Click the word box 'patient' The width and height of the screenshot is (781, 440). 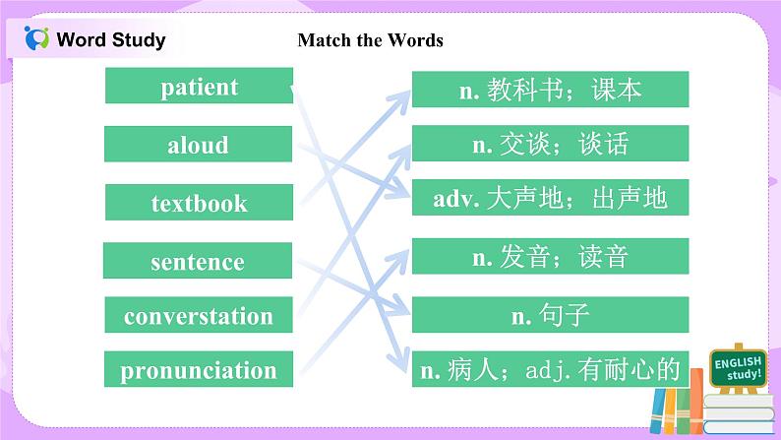coord(199,86)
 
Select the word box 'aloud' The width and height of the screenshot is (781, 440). coord(199,145)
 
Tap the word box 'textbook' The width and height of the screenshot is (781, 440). coord(199,203)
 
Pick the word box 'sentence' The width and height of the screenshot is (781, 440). coord(198,261)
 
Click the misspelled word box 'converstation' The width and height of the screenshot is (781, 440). coord(198,316)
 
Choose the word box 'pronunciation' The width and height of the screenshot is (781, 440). coord(198,370)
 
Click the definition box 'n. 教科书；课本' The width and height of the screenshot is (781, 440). coord(550,90)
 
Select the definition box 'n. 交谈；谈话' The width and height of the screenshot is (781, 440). coord(550,144)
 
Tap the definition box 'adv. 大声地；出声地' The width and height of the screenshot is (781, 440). coord(550,198)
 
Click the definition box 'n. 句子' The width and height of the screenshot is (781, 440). coord(550,315)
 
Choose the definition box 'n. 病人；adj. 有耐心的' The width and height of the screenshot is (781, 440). coord(550,370)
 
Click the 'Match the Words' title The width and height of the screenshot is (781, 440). coord(370,40)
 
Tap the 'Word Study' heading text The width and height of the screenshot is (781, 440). coord(111,40)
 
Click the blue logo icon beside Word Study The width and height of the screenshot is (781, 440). coord(36,39)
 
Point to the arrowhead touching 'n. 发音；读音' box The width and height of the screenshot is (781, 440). coord(403,256)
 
